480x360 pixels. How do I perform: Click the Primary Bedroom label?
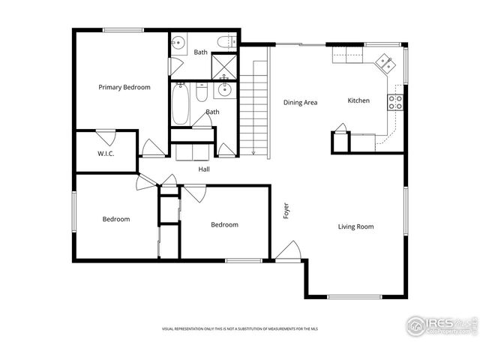pos(124,87)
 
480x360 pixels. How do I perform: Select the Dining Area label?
pos(300,102)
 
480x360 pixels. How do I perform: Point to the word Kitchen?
pos(358,100)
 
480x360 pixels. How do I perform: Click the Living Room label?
pos(355,226)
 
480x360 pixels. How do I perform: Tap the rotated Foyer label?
pos(286,211)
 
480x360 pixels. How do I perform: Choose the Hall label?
pos(204,169)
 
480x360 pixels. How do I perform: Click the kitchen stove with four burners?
pos(395,102)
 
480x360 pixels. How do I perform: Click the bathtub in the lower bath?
pos(180,104)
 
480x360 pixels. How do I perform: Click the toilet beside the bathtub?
pos(201,93)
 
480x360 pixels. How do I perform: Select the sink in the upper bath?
pos(178,43)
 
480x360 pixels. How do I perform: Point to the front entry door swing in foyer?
pos(287,251)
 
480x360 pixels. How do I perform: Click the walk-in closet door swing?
pos(106,137)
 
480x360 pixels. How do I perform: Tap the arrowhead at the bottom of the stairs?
pos(254,153)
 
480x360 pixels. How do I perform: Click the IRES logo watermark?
pos(439,325)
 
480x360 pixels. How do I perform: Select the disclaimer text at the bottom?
pos(240,328)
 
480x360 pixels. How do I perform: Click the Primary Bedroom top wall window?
pos(123,30)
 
